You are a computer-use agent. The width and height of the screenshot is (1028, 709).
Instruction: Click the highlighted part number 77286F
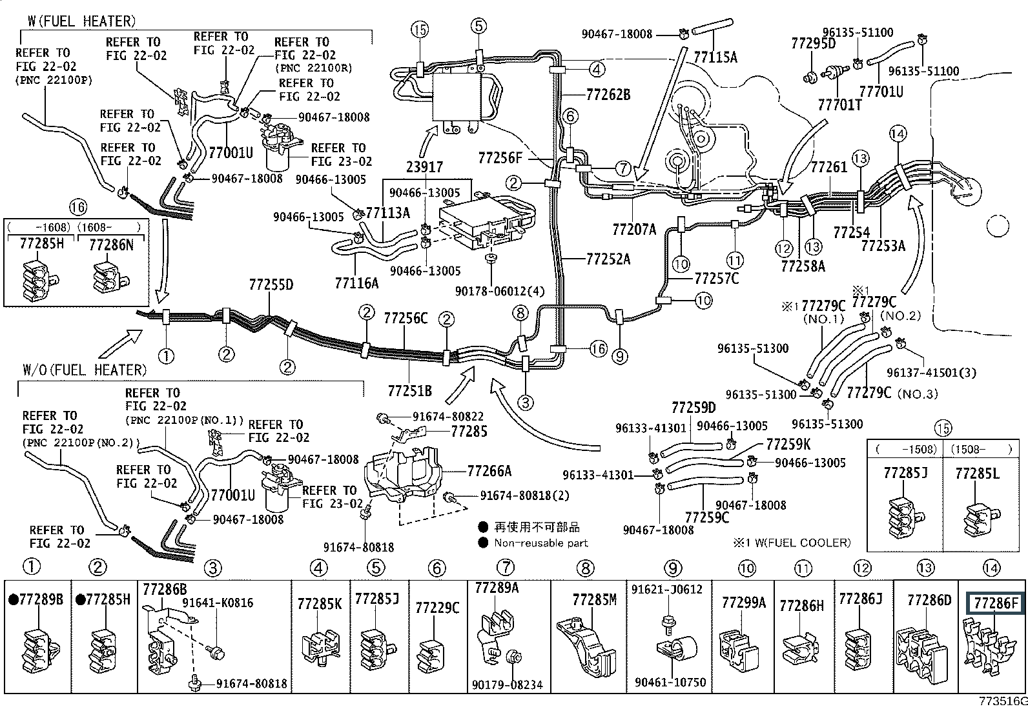(x=995, y=604)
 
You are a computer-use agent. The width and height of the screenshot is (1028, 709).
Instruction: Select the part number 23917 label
(x=425, y=166)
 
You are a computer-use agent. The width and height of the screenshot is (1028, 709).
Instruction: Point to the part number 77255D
(x=271, y=285)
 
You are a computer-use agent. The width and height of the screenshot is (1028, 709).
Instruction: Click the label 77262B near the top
(x=608, y=95)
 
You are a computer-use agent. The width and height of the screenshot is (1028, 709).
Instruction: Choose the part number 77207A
(x=634, y=228)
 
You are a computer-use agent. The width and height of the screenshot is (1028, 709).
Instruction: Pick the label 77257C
(x=717, y=279)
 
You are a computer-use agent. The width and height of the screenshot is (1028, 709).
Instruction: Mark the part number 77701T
(x=839, y=105)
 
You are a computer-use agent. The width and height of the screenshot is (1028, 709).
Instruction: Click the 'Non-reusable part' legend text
(x=541, y=543)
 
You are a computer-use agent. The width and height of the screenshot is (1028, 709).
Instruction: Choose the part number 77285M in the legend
(x=594, y=600)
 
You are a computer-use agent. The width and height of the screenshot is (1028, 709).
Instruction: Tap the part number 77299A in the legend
(x=743, y=603)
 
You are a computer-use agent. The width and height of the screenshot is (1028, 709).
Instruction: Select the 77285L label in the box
(x=976, y=474)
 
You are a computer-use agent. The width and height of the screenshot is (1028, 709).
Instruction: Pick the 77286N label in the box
(x=111, y=245)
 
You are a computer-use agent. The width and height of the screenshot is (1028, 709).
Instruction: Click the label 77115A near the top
(x=715, y=57)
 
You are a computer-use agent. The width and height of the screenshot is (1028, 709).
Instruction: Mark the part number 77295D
(x=813, y=43)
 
